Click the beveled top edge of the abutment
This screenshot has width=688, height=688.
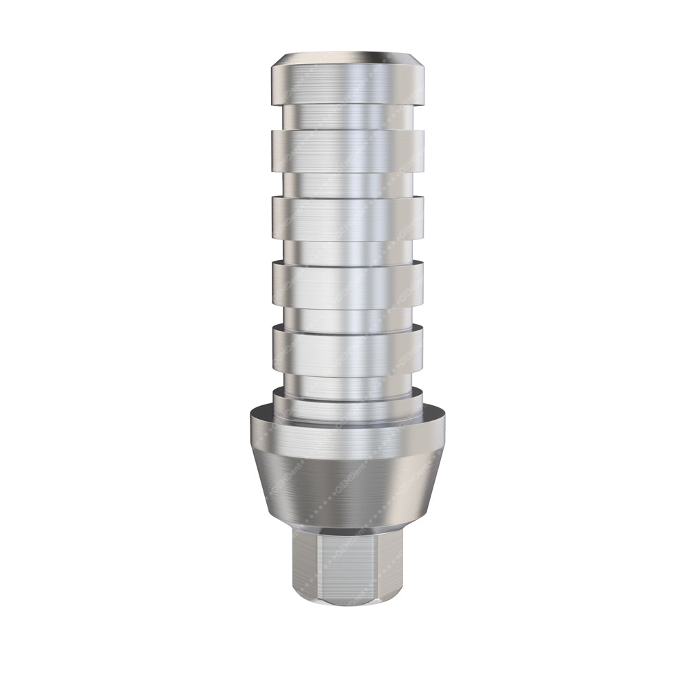(347, 57)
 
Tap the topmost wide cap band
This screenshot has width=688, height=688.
(347, 84)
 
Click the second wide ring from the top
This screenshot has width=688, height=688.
(347, 150)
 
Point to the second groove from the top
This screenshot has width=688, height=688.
(347, 184)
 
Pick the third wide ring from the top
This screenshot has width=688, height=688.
(347, 218)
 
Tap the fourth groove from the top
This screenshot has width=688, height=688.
(347, 318)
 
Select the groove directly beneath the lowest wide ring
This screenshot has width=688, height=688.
(347, 384)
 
